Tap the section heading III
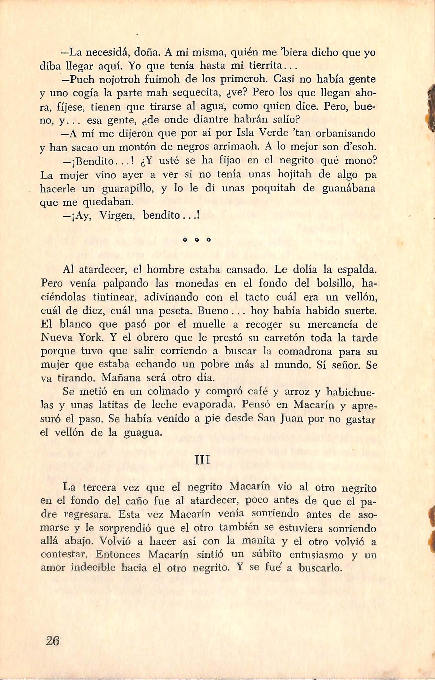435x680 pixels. click(202, 460)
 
